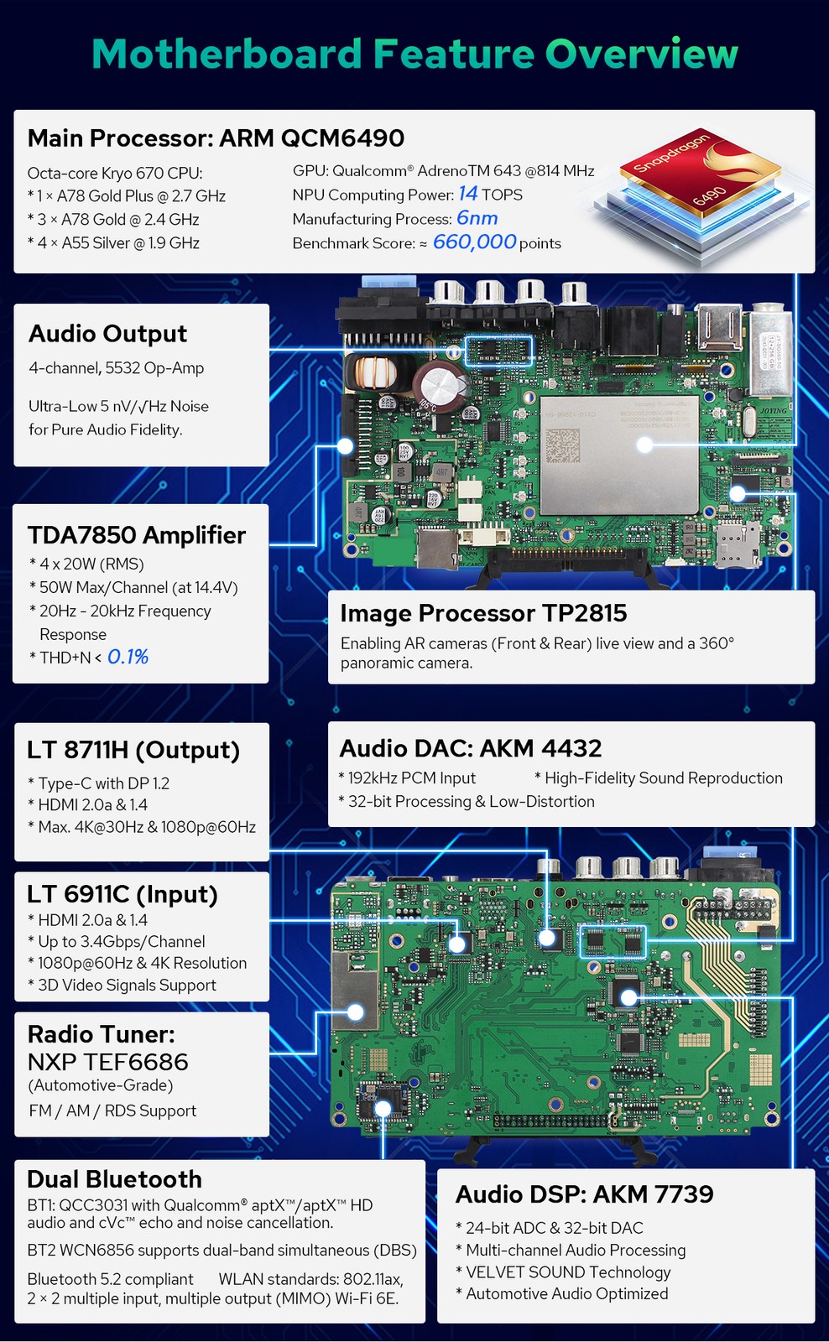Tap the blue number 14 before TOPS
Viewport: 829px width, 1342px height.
tap(468, 194)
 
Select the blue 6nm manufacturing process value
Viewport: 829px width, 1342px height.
tap(477, 218)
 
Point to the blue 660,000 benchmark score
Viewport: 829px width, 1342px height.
tap(474, 242)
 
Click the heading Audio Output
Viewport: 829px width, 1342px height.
tap(108, 334)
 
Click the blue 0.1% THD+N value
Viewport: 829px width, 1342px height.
tap(128, 658)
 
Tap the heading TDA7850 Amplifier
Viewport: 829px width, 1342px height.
tap(137, 535)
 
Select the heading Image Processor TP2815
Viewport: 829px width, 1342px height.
tap(483, 613)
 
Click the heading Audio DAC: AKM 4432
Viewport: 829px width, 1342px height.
tap(471, 748)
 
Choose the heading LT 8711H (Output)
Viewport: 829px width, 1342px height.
tap(133, 750)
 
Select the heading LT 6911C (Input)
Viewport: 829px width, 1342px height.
tap(123, 894)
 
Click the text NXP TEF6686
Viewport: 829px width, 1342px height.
tap(108, 1062)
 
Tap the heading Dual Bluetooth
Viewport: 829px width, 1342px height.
tap(114, 1179)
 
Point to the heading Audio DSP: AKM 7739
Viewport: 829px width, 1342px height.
tap(585, 1194)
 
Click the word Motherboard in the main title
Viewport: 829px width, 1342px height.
tap(227, 54)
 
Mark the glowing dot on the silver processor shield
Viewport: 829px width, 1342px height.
tap(644, 445)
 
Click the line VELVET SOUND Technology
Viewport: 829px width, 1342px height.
tap(568, 1272)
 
